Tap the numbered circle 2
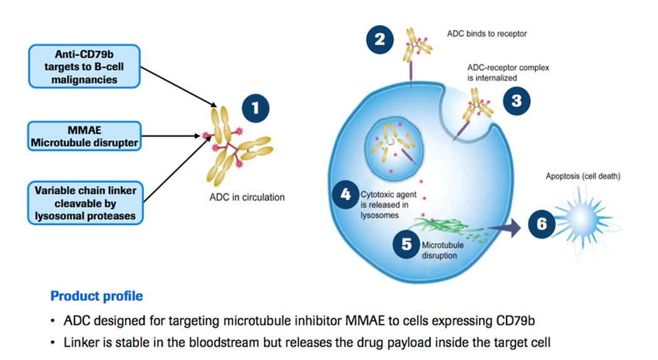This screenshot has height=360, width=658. click(x=380, y=41)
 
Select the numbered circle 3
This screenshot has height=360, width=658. click(x=516, y=100)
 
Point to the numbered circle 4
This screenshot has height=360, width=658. click(x=345, y=195)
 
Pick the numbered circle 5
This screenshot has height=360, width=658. click(x=406, y=244)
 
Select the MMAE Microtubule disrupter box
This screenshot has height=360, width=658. click(x=85, y=136)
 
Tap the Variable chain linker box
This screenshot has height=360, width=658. click(x=85, y=203)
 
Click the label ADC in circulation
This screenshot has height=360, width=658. click(x=247, y=197)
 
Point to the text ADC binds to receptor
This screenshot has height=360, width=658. click(x=486, y=34)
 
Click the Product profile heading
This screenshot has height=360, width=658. click(x=96, y=296)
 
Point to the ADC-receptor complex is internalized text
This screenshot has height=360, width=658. click(x=508, y=73)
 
